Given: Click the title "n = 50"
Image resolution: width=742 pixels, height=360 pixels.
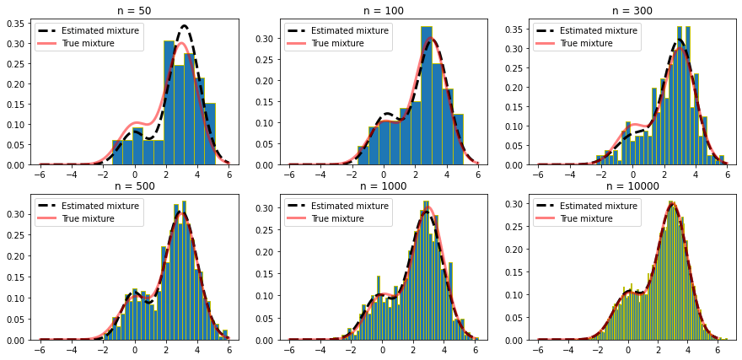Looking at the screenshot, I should (135, 11).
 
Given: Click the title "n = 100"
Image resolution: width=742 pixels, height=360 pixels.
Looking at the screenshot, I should (384, 11).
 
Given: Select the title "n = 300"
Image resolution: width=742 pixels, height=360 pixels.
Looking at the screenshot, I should (633, 11).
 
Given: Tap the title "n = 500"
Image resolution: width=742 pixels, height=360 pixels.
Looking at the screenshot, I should (135, 186).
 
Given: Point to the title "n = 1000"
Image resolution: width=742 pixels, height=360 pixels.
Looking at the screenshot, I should (384, 186).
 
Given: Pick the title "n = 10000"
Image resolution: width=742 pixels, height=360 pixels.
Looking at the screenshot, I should (633, 186).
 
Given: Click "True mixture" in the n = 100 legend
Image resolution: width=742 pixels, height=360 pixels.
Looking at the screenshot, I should (336, 44).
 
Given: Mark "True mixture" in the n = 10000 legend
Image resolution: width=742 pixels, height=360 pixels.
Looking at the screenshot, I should (585, 219).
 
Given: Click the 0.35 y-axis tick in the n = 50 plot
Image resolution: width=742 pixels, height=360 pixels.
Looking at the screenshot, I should (16, 23).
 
